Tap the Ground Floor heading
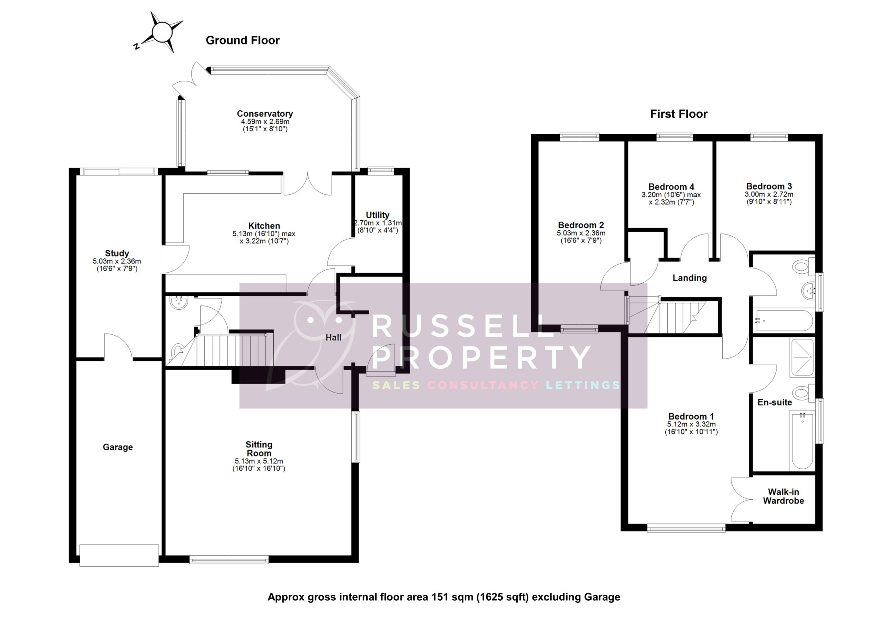tap(243, 40)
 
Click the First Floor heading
tap(679, 114)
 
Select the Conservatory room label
tap(265, 114)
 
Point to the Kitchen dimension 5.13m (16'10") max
tap(264, 234)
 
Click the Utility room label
tap(377, 215)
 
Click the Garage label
tap(117, 447)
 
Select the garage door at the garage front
tap(119, 555)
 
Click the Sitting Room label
tap(259, 449)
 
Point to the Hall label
tap(333, 338)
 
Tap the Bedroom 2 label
tap(581, 225)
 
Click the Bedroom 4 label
tap(671, 187)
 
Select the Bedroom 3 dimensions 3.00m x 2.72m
tap(769, 194)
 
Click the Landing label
tap(690, 278)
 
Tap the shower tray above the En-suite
tap(802, 357)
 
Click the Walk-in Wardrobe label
tap(783, 496)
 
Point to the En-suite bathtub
tap(802, 440)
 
